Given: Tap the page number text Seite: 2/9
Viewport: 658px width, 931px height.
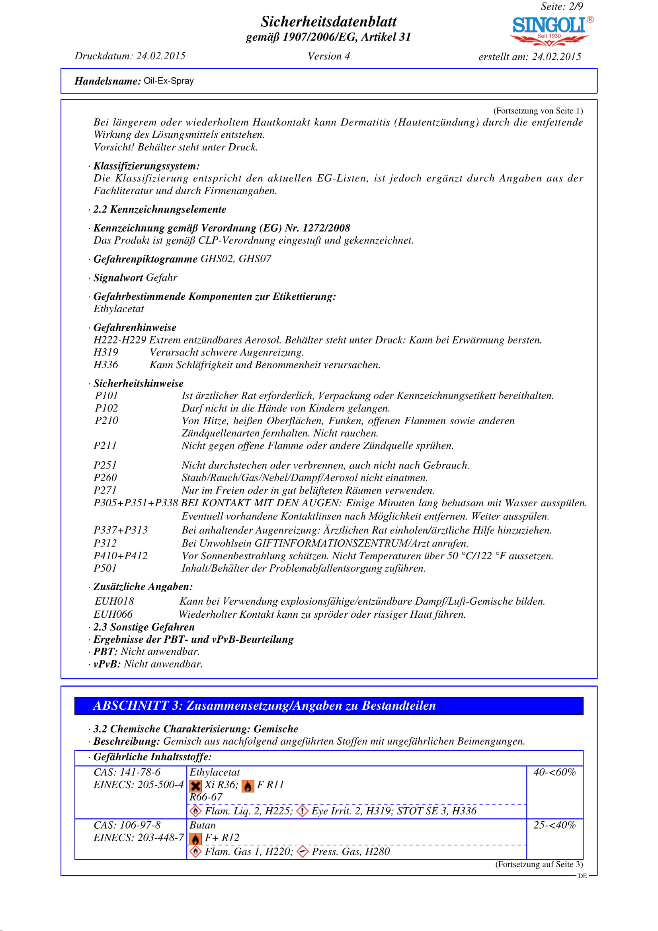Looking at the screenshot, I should [562, 6].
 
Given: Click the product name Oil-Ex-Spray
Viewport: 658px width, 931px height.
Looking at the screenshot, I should [169, 81].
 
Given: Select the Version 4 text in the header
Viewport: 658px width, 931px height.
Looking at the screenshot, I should [328, 57].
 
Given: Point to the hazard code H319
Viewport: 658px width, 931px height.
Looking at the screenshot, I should [106, 352].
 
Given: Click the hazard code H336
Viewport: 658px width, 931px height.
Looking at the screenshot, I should [106, 365].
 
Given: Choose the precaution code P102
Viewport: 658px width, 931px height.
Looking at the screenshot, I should [106, 408].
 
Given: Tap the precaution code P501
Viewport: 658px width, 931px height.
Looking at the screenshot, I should [105, 568].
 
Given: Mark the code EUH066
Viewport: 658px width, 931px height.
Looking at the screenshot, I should [113, 614].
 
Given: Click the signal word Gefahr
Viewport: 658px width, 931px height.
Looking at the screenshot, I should [161, 278].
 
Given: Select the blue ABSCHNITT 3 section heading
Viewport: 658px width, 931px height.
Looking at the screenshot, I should [328, 706].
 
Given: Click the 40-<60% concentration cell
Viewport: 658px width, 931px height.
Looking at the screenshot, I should [554, 772].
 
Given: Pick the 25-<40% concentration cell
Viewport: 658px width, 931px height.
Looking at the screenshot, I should [554, 825].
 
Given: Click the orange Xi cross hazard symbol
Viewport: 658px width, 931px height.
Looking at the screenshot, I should [195, 786].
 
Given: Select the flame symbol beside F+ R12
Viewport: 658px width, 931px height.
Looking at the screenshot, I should [195, 839].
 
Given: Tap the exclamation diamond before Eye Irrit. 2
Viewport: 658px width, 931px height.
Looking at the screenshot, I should [302, 811].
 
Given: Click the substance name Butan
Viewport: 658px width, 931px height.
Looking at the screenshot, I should [202, 825].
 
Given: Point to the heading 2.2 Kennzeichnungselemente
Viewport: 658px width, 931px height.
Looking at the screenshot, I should [160, 209].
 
